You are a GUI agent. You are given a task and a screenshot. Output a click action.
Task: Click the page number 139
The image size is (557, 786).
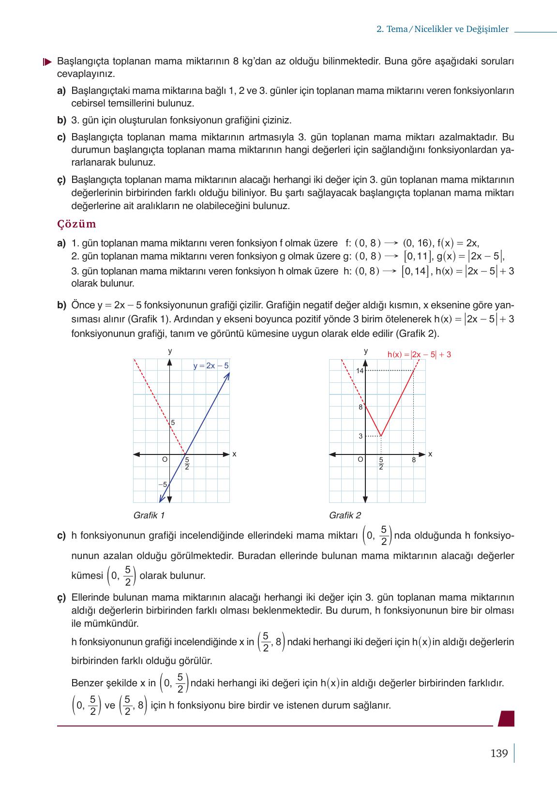click(x=499, y=754)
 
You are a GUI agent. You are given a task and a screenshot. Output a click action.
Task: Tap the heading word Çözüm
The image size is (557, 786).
click(x=76, y=224)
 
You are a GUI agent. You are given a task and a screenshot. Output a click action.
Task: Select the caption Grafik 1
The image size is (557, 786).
click(x=149, y=515)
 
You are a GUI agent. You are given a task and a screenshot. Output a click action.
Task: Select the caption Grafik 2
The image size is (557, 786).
click(x=345, y=515)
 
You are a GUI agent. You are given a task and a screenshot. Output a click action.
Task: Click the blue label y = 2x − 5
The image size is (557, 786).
click(x=211, y=366)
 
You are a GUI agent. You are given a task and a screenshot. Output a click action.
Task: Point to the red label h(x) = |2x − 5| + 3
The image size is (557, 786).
click(x=419, y=354)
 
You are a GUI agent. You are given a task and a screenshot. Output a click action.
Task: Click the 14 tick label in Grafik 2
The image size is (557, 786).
click(x=360, y=371)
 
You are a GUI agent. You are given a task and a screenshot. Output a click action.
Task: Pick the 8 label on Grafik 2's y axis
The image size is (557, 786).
click(x=361, y=407)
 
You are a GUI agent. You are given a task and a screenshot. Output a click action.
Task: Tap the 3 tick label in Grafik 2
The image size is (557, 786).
click(x=361, y=436)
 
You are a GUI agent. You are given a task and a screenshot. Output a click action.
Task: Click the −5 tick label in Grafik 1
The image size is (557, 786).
click(x=163, y=484)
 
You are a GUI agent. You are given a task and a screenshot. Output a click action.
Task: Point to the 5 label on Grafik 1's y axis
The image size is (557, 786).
click(x=173, y=423)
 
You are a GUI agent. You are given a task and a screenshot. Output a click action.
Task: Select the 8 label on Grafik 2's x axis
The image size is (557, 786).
click(x=414, y=460)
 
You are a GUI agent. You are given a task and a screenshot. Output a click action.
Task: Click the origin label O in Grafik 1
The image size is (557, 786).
click(x=165, y=459)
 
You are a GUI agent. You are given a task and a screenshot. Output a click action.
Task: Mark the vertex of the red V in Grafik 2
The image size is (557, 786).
click(x=381, y=436)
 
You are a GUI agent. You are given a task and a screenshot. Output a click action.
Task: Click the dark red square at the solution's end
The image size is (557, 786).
click(x=506, y=718)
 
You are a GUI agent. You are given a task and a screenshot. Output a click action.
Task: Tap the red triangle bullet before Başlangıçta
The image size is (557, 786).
click(x=47, y=62)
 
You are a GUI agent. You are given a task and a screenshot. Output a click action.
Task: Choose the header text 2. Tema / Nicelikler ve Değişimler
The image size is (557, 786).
click(x=442, y=29)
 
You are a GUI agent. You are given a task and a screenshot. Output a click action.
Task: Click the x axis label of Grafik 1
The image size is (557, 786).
click(x=234, y=454)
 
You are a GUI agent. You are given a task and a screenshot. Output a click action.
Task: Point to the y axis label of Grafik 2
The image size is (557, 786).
click(x=366, y=350)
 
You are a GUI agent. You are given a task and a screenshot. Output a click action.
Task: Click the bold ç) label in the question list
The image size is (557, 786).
click(x=61, y=180)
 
